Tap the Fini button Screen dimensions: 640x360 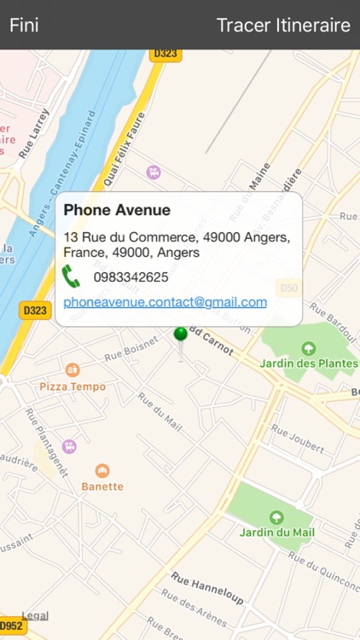[x=24, y=25]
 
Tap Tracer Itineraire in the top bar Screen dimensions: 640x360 [x=283, y=25]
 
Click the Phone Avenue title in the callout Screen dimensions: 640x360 [x=117, y=210]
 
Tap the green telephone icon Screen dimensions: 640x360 [x=71, y=276]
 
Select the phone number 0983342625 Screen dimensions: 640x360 [x=131, y=277]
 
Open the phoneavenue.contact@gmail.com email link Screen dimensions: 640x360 [x=165, y=302]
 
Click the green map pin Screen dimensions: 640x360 [x=180, y=335]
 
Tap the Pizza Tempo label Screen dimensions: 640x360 [x=73, y=387]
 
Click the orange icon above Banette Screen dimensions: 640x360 [x=102, y=470]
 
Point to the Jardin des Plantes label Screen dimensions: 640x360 [x=310, y=364]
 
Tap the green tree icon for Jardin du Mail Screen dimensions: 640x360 [x=276, y=516]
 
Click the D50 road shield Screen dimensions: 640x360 [x=290, y=288]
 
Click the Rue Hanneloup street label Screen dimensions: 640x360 [x=208, y=588]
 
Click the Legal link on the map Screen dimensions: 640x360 [x=35, y=615]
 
